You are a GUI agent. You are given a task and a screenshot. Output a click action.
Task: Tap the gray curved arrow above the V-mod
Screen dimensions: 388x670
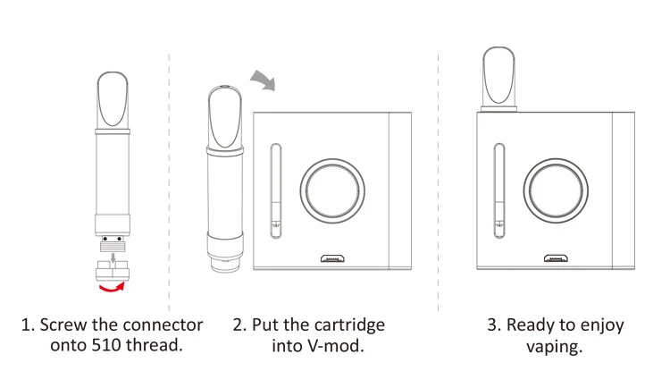(x=264, y=83)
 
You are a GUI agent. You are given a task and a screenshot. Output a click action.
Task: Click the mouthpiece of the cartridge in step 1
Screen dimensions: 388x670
(x=113, y=98)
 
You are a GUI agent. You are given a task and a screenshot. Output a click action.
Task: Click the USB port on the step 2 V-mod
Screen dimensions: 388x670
(x=332, y=259)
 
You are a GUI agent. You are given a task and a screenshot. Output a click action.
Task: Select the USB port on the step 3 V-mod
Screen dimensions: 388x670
(x=554, y=259)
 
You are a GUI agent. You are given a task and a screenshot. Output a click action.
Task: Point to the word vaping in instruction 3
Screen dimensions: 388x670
(x=555, y=345)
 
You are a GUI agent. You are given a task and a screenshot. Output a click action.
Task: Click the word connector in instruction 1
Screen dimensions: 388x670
(x=160, y=324)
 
